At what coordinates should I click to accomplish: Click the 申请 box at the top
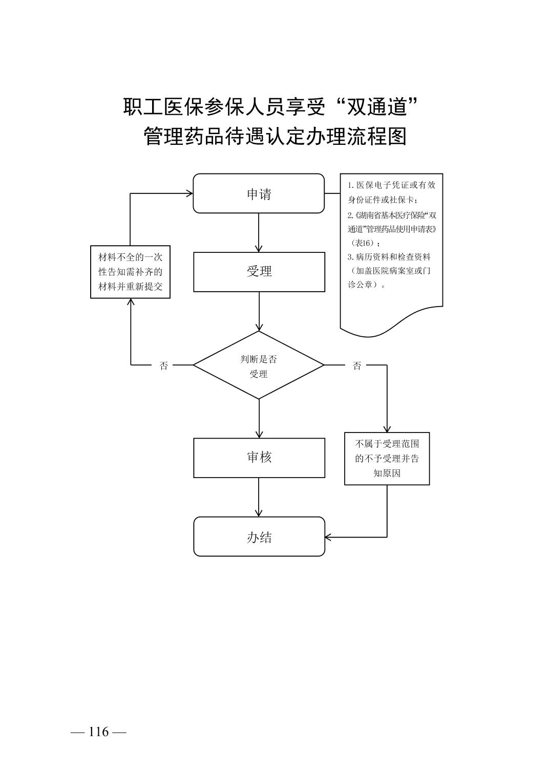259,193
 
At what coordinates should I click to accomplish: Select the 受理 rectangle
259,272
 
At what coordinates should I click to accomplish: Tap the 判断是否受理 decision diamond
259,365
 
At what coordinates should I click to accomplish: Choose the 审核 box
259,458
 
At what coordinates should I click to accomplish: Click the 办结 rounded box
259,537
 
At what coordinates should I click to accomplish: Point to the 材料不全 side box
130,272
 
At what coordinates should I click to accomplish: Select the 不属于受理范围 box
387,459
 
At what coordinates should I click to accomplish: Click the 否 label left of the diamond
164,365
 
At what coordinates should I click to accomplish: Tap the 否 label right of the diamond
357,365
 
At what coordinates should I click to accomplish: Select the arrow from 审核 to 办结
259,497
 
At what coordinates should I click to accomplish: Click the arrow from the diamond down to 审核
259,418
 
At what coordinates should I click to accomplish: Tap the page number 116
99,732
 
